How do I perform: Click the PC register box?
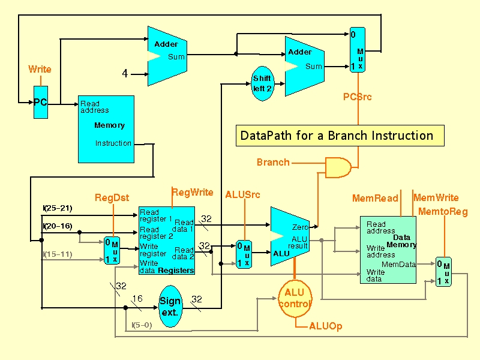click(x=40, y=103)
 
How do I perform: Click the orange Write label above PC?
click(x=40, y=70)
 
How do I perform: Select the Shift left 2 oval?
click(x=262, y=83)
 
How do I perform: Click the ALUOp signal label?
click(x=326, y=326)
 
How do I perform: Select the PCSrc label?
click(x=358, y=96)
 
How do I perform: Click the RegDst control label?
click(x=112, y=198)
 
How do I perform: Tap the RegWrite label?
click(x=193, y=193)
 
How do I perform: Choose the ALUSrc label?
click(x=242, y=195)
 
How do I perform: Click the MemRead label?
click(x=375, y=198)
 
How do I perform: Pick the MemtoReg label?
click(x=443, y=212)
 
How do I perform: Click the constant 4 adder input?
click(x=125, y=74)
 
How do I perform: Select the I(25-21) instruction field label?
click(x=58, y=208)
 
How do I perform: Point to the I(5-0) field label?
click(x=142, y=326)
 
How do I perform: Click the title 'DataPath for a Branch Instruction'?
click(x=337, y=136)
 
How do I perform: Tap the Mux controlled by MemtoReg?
click(x=443, y=272)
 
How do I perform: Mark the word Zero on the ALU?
click(x=300, y=227)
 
